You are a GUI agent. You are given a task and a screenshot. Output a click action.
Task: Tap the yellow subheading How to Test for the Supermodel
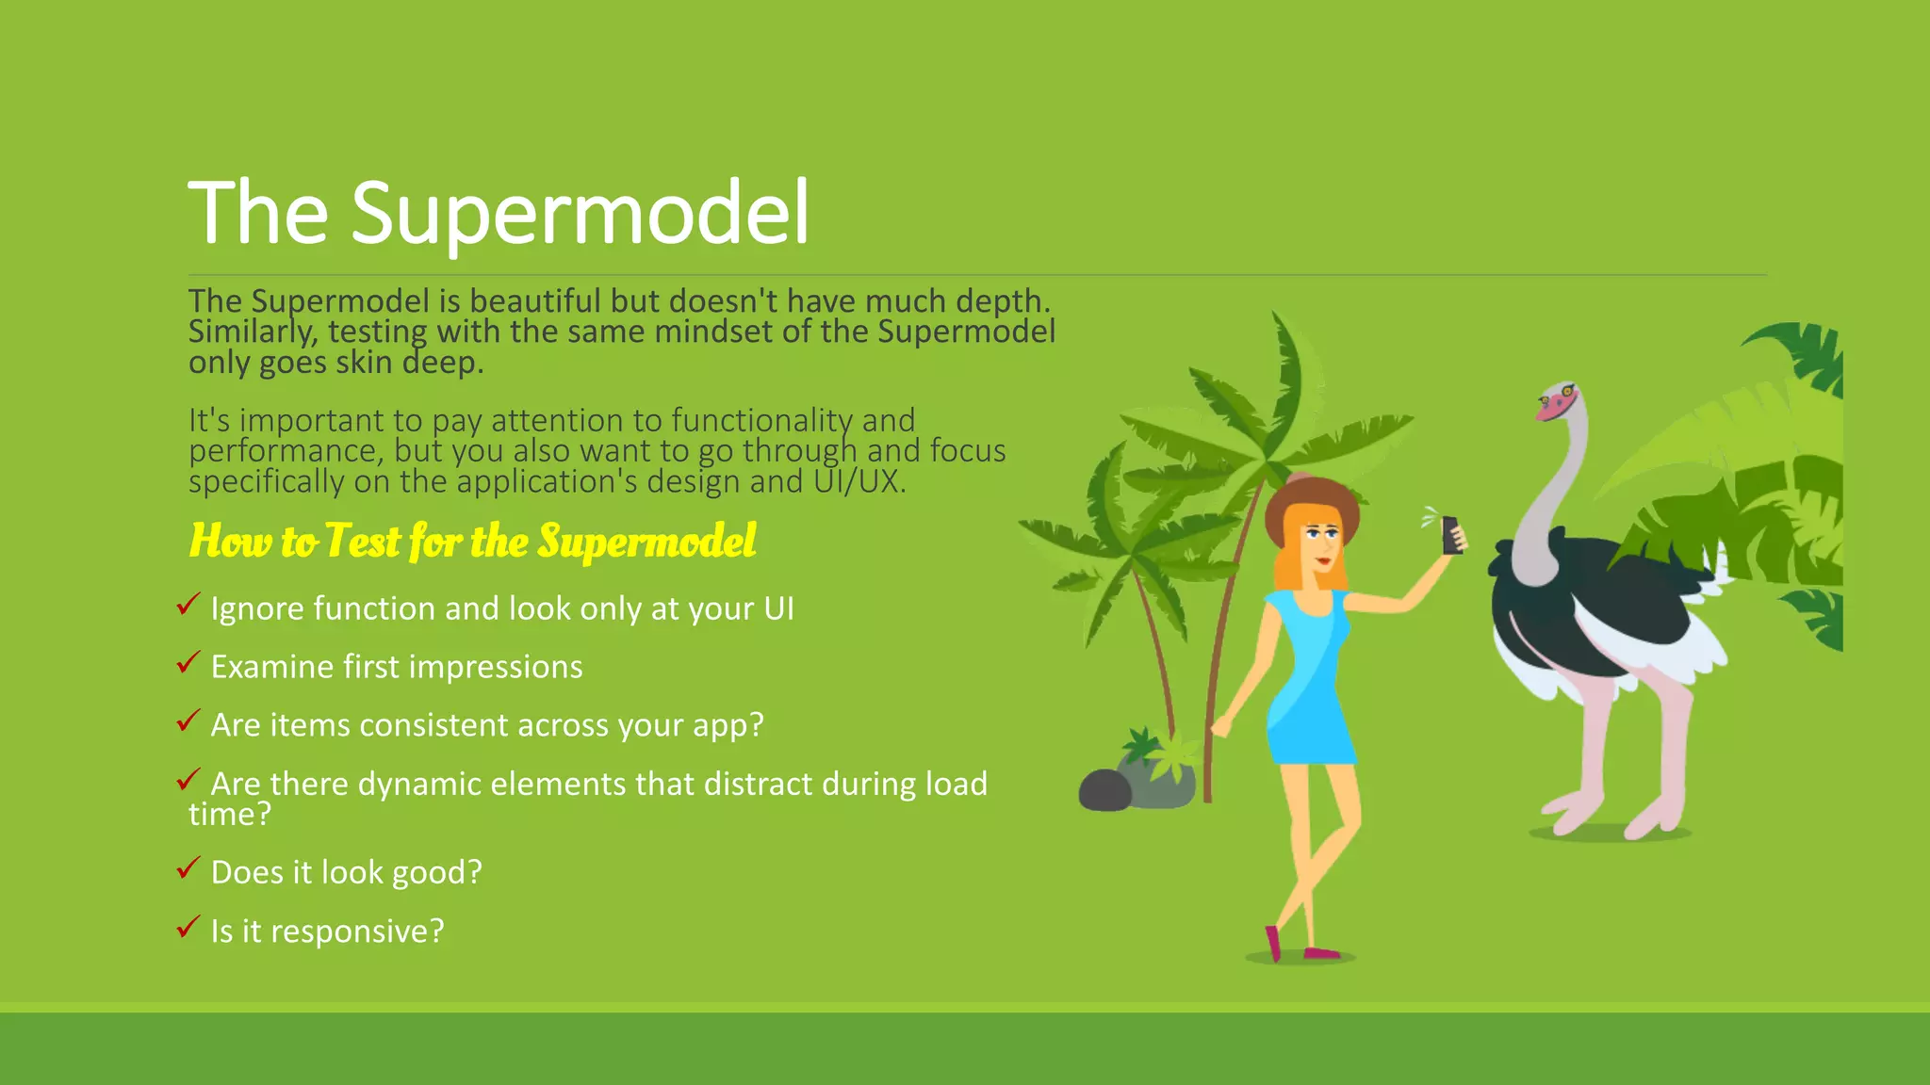click(472, 542)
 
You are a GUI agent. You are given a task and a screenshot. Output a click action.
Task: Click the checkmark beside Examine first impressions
click(188, 663)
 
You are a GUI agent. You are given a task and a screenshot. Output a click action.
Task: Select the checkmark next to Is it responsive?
click(188, 928)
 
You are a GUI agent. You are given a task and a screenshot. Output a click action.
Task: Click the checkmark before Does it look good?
click(188, 868)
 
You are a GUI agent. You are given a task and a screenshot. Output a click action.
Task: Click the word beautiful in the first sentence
click(535, 301)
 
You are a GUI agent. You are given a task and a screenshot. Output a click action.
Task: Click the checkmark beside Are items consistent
click(188, 721)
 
